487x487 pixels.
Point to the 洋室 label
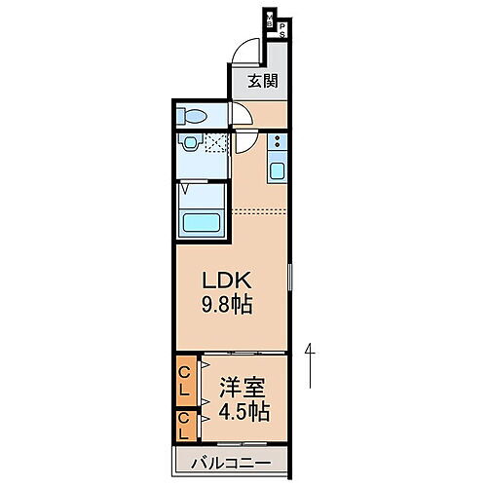coord(240,385)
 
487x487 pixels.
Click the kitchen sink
coord(277,172)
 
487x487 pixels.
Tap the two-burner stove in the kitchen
coord(277,145)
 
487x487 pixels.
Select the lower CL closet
coord(184,425)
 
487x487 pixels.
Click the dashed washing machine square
coord(214,146)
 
